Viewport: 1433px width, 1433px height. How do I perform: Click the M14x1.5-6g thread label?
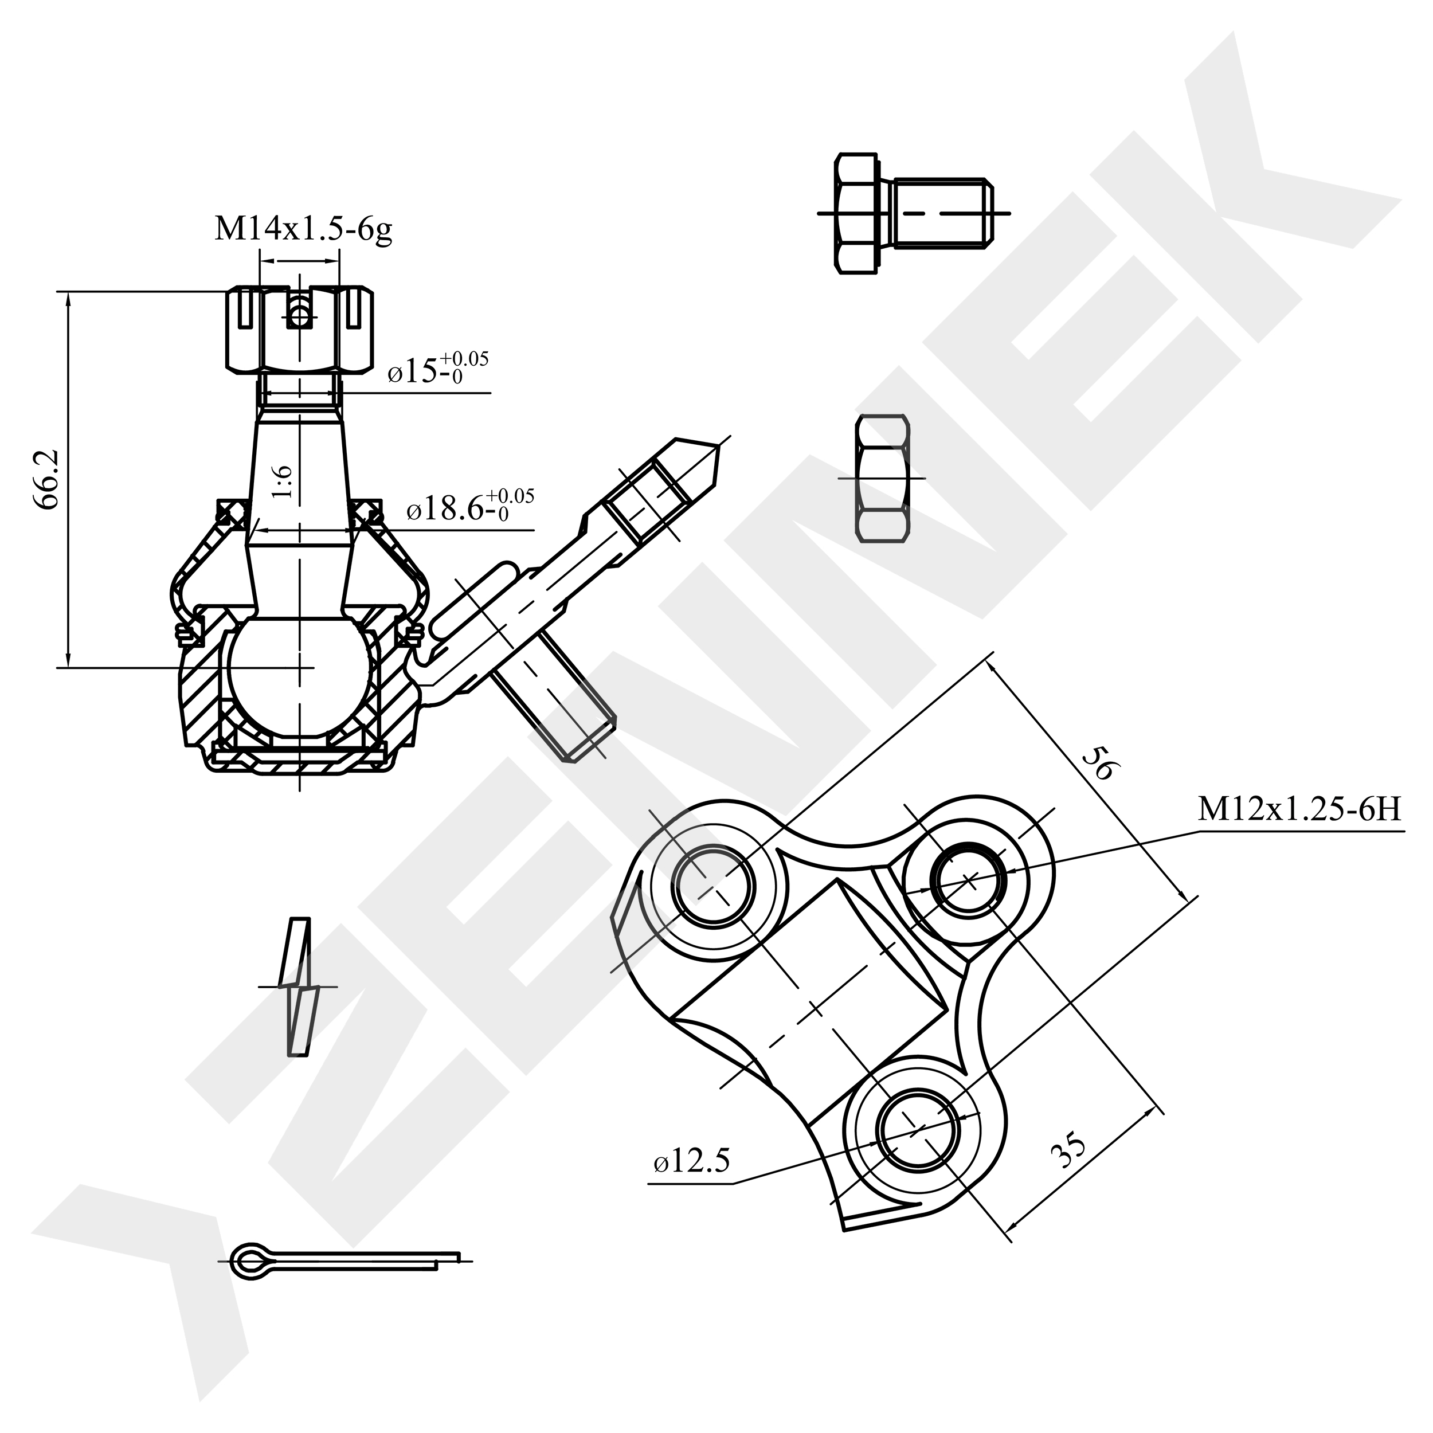pos(303,229)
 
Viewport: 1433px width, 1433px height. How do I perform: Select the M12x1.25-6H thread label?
pos(1299,810)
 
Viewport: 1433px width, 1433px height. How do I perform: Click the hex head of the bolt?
pos(858,214)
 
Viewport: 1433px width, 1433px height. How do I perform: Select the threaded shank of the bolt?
pos(942,212)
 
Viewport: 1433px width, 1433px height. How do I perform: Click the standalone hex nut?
pos(883,479)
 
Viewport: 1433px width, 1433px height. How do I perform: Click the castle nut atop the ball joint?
pos(299,328)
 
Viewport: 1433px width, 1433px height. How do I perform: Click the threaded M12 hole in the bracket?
pos(969,880)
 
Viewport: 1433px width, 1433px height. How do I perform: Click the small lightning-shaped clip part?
pos(298,986)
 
